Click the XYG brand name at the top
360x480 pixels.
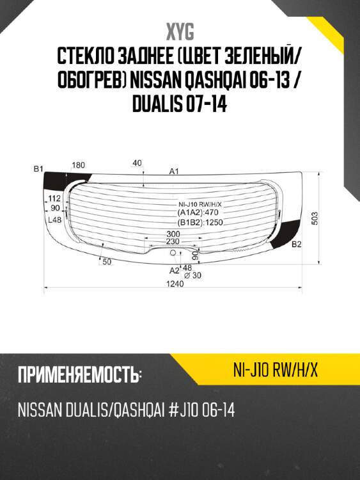(x=180, y=32)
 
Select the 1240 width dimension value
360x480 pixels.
(x=171, y=285)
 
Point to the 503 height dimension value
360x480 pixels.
(x=314, y=218)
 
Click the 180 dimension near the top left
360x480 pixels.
(x=78, y=166)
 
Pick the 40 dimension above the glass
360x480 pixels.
(x=137, y=163)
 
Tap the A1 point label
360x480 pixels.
(x=173, y=171)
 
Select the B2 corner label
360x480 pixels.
(x=296, y=244)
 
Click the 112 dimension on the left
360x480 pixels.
(x=54, y=199)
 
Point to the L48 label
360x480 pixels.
(x=54, y=220)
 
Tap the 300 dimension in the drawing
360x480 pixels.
(x=173, y=234)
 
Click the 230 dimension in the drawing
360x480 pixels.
(x=173, y=242)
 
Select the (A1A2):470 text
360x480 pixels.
(x=198, y=213)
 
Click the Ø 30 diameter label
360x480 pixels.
(x=192, y=275)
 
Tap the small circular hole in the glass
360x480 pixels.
(x=173, y=254)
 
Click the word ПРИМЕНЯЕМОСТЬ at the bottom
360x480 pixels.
(x=79, y=375)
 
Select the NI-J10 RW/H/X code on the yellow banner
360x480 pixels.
(x=276, y=371)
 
